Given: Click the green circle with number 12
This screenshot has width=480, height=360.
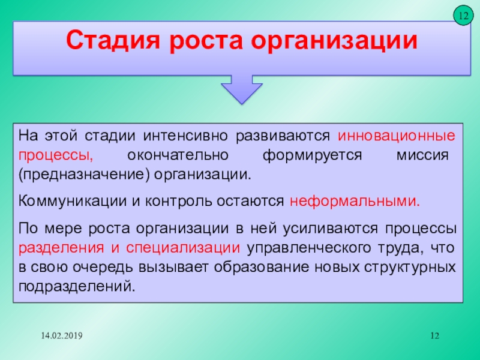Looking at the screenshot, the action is (463, 16).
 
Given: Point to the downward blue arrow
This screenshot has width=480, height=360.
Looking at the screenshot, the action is (242, 89).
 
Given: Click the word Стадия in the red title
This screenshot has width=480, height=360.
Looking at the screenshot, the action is (113, 40).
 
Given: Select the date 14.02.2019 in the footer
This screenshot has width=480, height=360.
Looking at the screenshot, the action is (62, 336).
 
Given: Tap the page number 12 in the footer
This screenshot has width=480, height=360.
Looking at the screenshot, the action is (434, 336).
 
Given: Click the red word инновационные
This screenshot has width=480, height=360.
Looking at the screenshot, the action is (397, 136).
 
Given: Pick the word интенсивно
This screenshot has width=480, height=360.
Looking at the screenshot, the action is (185, 136).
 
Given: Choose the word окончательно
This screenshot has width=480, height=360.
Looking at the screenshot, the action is (178, 155).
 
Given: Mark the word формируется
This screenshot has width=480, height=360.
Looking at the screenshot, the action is (312, 156).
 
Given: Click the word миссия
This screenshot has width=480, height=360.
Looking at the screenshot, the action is (422, 155).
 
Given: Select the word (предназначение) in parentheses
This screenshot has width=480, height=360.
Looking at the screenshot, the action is (84, 175).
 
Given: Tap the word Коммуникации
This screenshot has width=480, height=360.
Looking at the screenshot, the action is (73, 202).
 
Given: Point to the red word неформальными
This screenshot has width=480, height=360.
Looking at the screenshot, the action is (355, 202).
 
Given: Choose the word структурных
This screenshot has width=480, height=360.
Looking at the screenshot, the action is (410, 268).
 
